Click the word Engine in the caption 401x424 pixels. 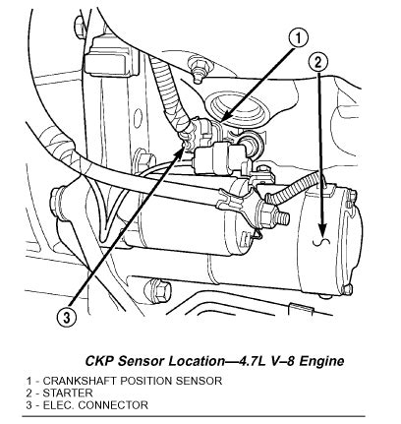320,361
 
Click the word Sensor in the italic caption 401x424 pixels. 133,361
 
